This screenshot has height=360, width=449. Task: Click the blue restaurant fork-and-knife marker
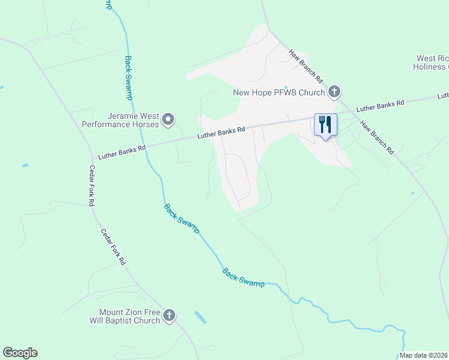click(325, 125)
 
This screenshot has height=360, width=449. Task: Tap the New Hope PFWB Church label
click(279, 92)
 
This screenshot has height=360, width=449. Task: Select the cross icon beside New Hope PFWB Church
click(334, 92)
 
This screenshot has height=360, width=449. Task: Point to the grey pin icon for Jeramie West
click(169, 119)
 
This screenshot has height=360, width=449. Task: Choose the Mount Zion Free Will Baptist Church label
click(130, 316)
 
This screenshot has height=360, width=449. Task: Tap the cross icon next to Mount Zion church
click(169, 315)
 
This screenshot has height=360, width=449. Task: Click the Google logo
click(20, 353)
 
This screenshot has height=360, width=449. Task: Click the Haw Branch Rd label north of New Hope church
click(306, 66)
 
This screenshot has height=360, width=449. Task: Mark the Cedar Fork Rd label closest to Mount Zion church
click(113, 247)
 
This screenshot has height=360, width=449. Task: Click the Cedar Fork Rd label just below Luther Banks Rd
click(92, 186)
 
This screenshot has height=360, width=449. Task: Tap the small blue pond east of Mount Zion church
click(200, 317)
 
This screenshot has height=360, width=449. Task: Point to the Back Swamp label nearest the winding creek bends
click(243, 277)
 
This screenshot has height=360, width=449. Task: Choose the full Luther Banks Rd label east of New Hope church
click(381, 106)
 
